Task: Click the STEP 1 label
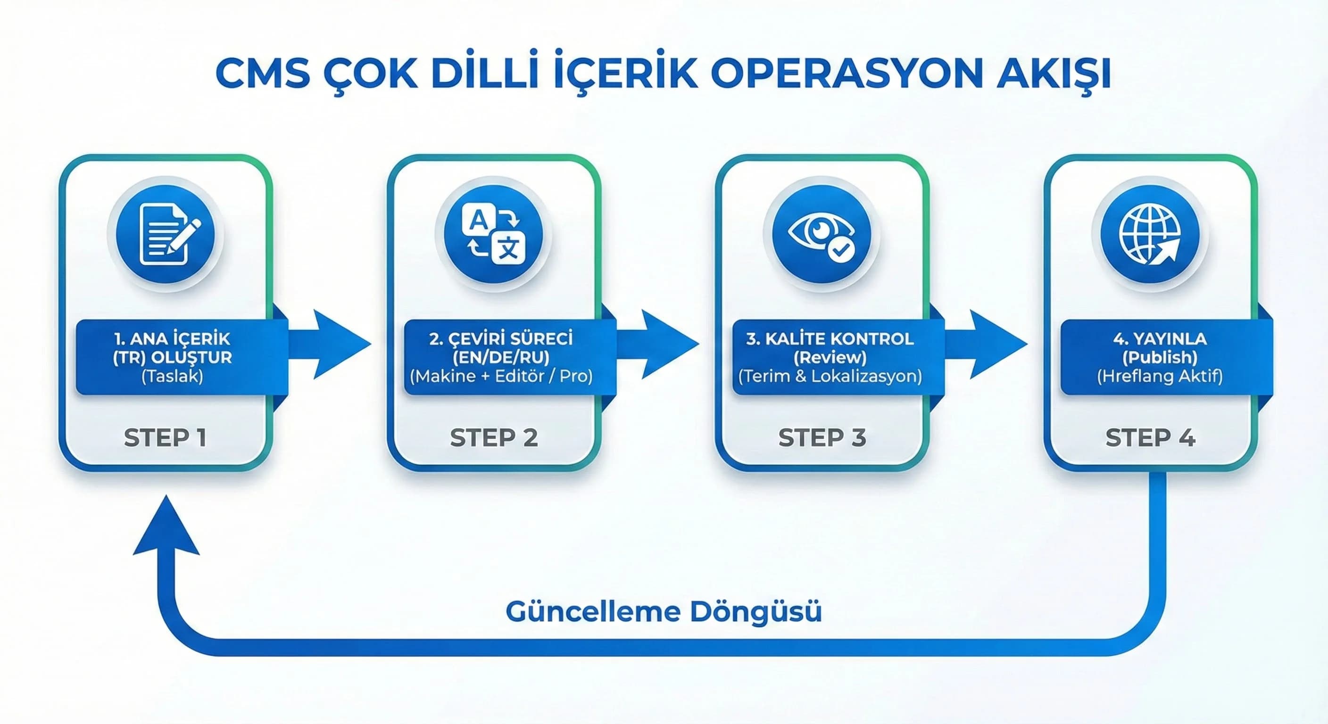[165, 437]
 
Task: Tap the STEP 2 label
[494, 437]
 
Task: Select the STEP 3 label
[822, 437]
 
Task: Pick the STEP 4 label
[1150, 437]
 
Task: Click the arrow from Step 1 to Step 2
[335, 344]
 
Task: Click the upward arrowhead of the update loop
[166, 528]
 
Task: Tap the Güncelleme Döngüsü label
[664, 612]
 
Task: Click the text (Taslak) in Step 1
[172, 376]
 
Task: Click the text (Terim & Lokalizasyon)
[830, 376]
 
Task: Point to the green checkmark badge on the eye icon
[841, 250]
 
